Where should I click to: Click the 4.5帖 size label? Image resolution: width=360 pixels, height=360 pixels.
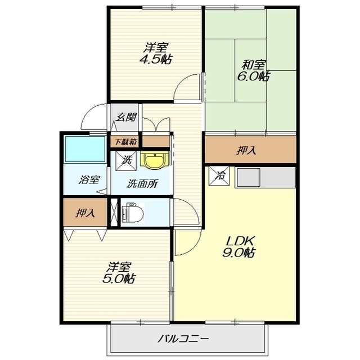(x=156, y=59)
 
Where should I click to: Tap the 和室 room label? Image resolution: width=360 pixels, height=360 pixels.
(x=254, y=65)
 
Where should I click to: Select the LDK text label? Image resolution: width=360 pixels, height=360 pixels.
(x=240, y=241)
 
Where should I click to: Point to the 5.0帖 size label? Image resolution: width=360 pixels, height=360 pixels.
(x=119, y=278)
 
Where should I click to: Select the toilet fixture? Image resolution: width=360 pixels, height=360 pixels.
(x=133, y=213)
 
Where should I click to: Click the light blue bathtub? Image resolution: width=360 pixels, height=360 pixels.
(x=85, y=149)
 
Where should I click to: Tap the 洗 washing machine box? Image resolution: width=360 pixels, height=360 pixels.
(x=125, y=161)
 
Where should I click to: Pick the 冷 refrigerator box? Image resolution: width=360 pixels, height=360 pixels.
(x=219, y=175)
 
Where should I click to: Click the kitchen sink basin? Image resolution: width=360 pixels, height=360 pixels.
(x=249, y=177)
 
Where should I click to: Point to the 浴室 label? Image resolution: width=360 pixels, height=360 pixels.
(x=89, y=179)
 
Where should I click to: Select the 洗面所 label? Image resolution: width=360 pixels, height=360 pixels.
(x=142, y=183)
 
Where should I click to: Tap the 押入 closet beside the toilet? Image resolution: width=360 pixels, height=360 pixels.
(x=85, y=212)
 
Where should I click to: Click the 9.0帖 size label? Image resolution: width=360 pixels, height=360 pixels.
(x=238, y=253)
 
